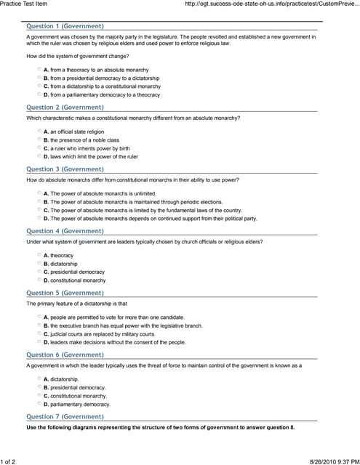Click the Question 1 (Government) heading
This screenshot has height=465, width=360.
tap(65, 26)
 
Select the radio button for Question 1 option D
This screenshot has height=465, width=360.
tap(40, 94)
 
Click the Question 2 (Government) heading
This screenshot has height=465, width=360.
tap(65, 107)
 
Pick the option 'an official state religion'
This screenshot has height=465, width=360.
tap(40, 132)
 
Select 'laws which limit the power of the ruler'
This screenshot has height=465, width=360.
tap(40, 156)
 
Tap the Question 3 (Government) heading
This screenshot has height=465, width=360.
tap(65, 169)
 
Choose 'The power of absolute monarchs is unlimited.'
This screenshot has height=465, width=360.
tap(40, 193)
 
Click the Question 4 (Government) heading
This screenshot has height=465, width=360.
tap(65, 230)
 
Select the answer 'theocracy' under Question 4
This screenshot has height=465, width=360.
tap(40, 255)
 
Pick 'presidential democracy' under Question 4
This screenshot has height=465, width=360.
tap(40, 272)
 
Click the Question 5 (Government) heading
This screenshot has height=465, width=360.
tap(65, 292)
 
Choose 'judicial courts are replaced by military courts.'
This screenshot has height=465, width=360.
tap(40, 333)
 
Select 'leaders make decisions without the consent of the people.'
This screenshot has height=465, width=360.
tap(40, 342)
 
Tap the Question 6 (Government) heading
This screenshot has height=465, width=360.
tap(65, 355)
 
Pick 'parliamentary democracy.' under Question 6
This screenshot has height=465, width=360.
tap(40, 404)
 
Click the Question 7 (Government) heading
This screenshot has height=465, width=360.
tap(65, 416)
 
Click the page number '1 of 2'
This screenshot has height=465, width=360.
tap(12, 461)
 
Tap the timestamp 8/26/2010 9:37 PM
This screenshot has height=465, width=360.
tap(334, 461)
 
